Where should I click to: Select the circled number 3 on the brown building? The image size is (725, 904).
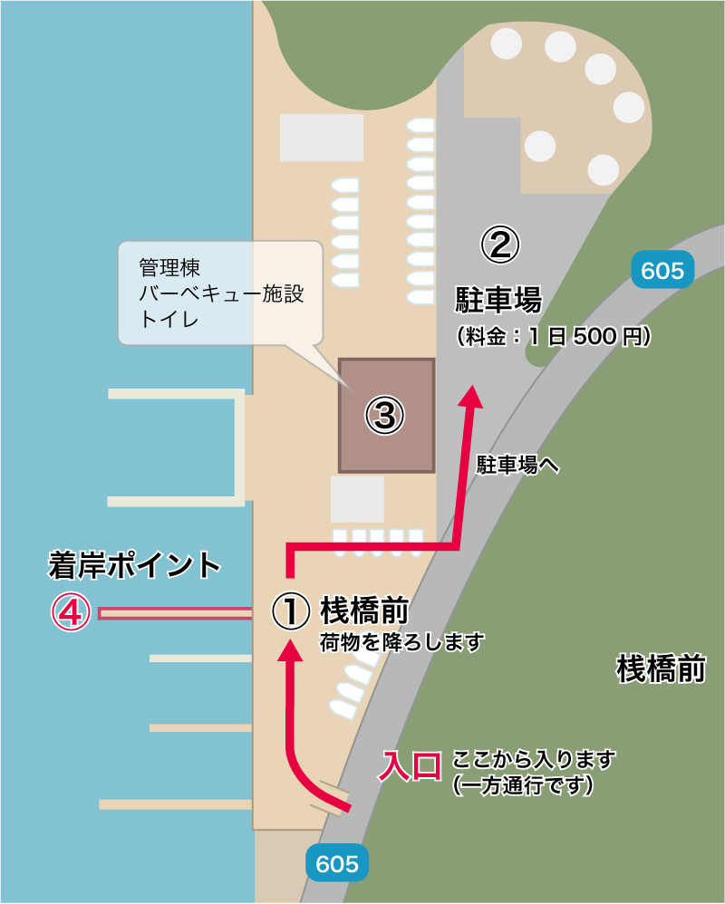tap(384, 416)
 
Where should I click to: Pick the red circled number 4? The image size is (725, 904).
tap(71, 613)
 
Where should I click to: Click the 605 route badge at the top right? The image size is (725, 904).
tap(662, 271)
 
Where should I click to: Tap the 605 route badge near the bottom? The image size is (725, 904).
tap(338, 863)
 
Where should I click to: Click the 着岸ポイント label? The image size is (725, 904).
tap(134, 565)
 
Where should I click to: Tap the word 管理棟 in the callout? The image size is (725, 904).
tap(169, 269)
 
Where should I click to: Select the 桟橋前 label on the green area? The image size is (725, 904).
tap(661, 668)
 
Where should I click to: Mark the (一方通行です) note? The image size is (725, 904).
tap(523, 785)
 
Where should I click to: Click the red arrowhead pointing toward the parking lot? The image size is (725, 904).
tap(470, 396)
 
